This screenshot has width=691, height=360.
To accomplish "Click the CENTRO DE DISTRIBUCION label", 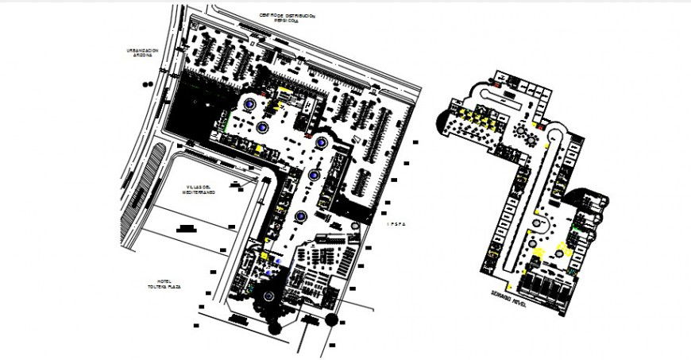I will click(x=287, y=15).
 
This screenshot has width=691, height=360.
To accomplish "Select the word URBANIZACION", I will click(x=143, y=49).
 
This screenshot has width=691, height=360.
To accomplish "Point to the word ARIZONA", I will click(x=143, y=55).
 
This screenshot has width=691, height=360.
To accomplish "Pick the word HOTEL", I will click(x=164, y=281).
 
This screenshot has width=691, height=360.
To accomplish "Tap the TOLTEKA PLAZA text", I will click(x=164, y=287).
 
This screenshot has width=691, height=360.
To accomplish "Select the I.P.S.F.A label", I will click(x=396, y=224).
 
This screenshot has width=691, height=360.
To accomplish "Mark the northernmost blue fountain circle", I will click(x=250, y=103).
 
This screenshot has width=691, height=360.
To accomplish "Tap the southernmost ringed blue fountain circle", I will click(x=301, y=216).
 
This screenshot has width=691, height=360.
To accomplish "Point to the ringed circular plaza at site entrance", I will click(x=268, y=296).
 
